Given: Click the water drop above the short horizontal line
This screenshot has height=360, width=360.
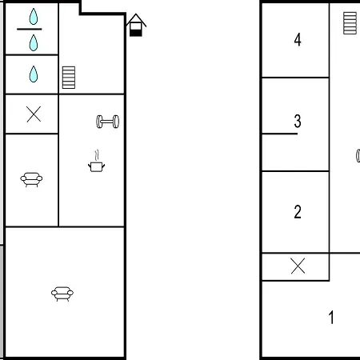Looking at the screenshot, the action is (x=34, y=17).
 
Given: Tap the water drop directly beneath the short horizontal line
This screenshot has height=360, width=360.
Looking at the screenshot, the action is (x=34, y=42).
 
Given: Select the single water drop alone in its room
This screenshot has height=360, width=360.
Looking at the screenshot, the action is (x=34, y=74).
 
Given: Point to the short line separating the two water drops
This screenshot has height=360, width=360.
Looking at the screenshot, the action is (x=30, y=29).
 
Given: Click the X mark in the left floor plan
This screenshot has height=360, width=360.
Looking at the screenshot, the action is (x=34, y=114).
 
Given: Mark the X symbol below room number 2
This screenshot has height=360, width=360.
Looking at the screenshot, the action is (x=298, y=266).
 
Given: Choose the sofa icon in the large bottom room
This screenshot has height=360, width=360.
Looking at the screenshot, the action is (x=62, y=294).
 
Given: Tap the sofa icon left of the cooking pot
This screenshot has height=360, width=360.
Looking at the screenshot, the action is (x=31, y=179).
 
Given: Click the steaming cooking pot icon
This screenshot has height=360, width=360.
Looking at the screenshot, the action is (x=96, y=161).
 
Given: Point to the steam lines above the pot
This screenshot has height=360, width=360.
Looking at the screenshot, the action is (x=97, y=155).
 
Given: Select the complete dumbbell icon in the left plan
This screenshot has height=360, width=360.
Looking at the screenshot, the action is (x=107, y=122).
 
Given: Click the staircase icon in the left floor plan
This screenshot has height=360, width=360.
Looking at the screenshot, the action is (x=69, y=78).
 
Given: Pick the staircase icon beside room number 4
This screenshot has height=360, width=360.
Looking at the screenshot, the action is (x=350, y=23).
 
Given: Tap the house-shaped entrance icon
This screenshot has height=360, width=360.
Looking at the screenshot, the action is (x=136, y=25).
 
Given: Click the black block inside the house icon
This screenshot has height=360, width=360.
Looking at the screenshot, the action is (x=136, y=33).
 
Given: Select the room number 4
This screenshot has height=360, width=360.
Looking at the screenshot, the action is (x=298, y=40).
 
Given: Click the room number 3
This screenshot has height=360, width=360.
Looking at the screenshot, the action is (x=298, y=121).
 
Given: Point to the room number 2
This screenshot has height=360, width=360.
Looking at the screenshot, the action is (x=298, y=212).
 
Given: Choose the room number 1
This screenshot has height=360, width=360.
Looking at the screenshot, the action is (x=331, y=317).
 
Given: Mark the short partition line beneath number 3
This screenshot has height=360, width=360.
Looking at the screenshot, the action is (x=280, y=134).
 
